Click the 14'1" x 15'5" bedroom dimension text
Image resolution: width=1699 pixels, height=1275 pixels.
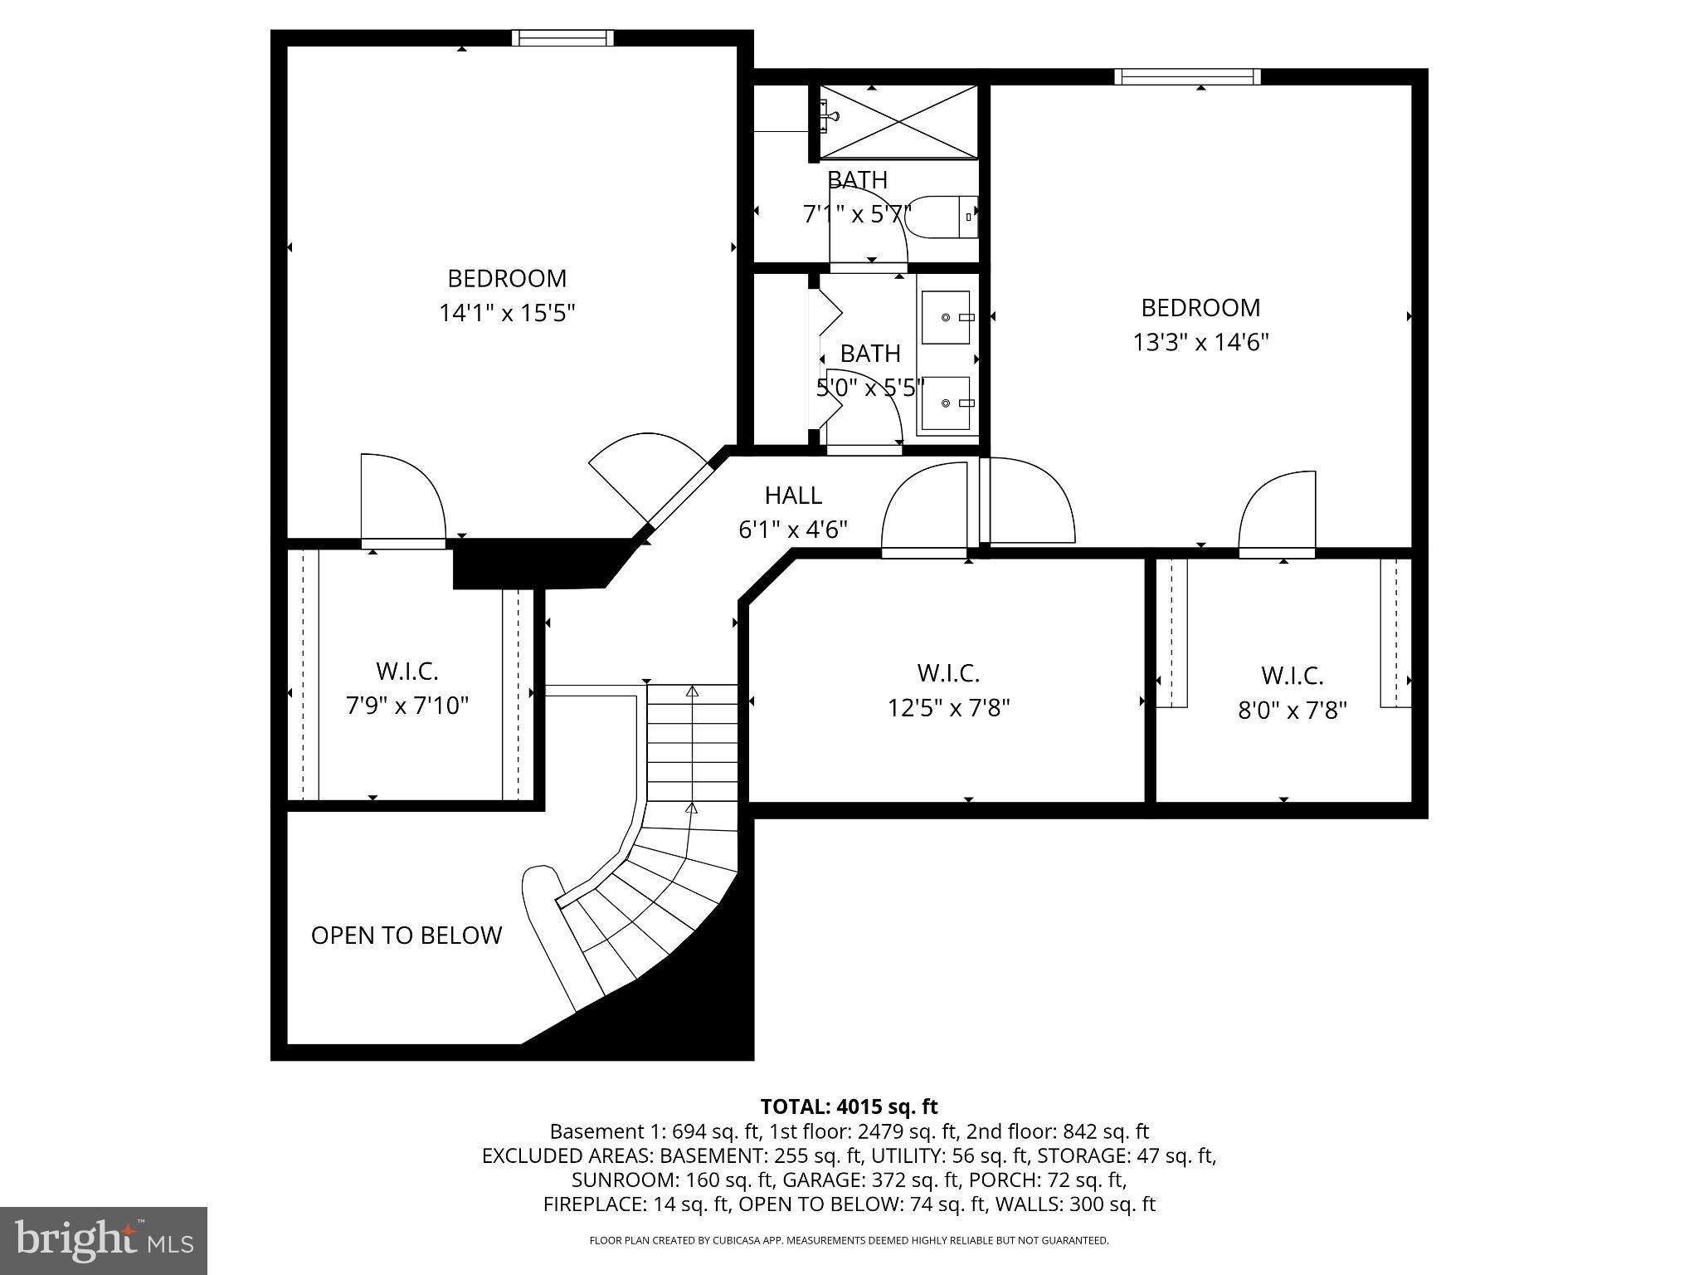(506, 314)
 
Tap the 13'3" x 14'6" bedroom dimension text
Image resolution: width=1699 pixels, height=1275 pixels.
(1200, 343)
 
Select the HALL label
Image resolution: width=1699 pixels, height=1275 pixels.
(793, 496)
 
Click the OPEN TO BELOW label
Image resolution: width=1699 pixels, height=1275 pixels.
(406, 935)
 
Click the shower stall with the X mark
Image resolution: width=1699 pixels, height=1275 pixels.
(898, 121)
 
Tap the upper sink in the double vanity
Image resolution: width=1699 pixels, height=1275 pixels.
(946, 317)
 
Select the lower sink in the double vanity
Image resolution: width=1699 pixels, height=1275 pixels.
(946, 403)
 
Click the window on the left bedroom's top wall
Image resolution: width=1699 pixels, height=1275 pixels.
(562, 37)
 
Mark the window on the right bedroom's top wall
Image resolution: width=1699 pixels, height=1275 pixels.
(1186, 77)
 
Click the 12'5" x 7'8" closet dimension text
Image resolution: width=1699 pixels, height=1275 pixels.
(948, 708)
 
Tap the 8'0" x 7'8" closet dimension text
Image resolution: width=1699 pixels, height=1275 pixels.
(1292, 711)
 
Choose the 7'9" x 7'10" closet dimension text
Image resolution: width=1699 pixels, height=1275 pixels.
(406, 706)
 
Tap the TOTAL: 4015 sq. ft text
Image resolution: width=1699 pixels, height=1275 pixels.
(849, 1106)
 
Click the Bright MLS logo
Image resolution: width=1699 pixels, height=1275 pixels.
(104, 1240)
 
